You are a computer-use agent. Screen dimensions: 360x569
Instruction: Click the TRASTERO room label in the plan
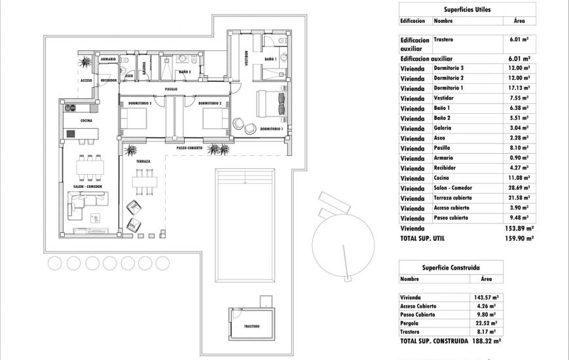tap(251, 326)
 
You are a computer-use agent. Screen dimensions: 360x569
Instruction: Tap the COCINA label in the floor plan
tap(86, 121)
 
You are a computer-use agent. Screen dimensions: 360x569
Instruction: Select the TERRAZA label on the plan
tap(143, 161)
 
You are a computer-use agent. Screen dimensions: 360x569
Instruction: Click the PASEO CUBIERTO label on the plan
tap(190, 149)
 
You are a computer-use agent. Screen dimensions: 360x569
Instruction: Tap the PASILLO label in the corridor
tap(171, 89)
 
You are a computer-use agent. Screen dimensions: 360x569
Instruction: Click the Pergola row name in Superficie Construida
tap(411, 323)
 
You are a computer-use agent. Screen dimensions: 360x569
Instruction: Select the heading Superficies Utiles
tap(467, 9)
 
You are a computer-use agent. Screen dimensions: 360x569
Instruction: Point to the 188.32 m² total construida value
tap(486, 341)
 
